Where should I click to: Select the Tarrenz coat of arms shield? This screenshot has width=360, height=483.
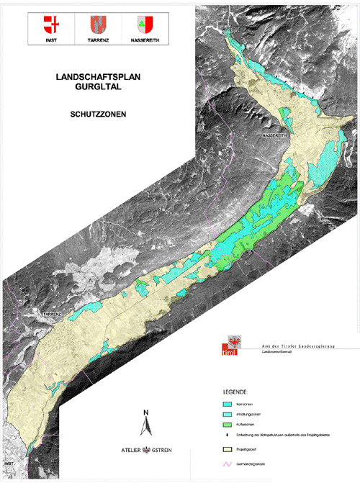pyautogui.click(x=98, y=25)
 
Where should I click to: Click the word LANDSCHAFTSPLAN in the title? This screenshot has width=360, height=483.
pyautogui.click(x=98, y=75)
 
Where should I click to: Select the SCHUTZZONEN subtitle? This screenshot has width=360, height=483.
pyautogui.click(x=98, y=114)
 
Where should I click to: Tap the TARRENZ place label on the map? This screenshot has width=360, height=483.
pyautogui.click(x=54, y=315)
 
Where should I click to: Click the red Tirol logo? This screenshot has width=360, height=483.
pyautogui.click(x=227, y=348)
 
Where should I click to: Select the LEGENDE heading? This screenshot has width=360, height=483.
pyautogui.click(x=236, y=392)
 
